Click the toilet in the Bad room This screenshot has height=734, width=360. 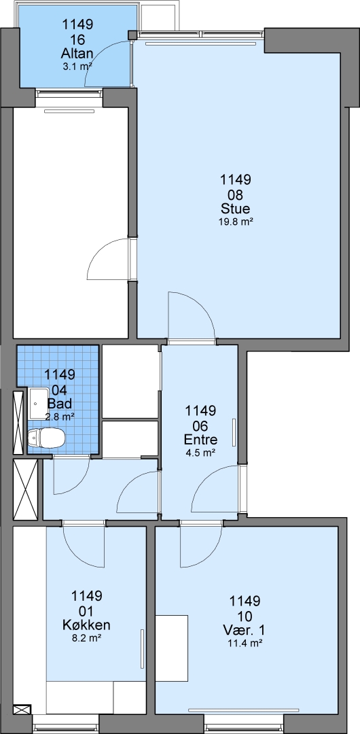click(46, 438)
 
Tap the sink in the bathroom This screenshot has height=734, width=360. click(39, 403)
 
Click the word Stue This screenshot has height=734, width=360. click(236, 208)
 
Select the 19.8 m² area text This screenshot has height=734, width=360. click(236, 222)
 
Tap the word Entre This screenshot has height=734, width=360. click(200, 440)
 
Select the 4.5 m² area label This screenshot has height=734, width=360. click(200, 453)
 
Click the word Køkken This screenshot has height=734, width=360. click(87, 625)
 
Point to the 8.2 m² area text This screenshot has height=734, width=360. click(87, 638)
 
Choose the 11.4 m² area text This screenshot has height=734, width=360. click(245, 643)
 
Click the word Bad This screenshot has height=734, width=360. click(60, 403)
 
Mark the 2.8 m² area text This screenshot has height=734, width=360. click(60, 416)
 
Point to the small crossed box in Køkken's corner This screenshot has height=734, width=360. click(22, 710)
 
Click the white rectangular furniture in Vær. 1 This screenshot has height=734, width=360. click(172, 648)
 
